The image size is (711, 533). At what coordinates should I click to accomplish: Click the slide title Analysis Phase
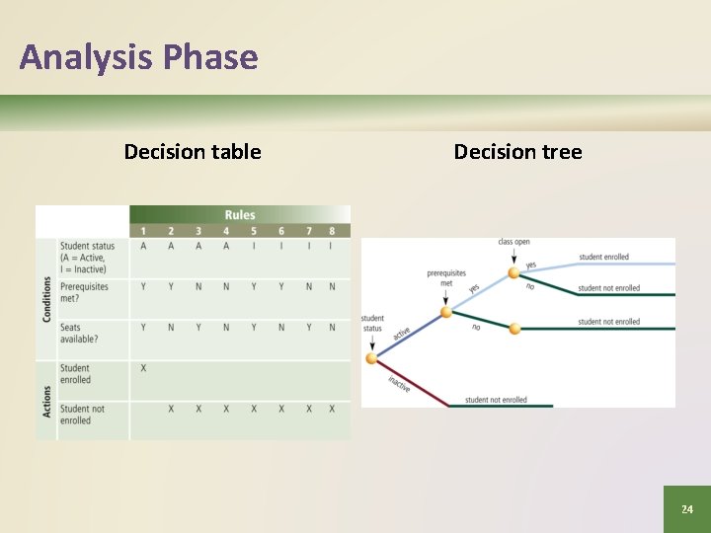point(138,57)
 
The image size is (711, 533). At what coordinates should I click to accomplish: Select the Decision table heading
point(193,152)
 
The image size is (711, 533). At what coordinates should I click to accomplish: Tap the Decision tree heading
point(517,152)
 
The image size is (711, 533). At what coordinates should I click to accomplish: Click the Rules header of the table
point(240,214)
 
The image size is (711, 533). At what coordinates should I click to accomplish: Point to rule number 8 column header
point(332,231)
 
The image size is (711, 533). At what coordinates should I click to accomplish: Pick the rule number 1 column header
point(144,231)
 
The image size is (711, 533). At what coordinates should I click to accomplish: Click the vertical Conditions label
point(46,298)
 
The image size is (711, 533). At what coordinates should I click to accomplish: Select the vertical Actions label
point(46,400)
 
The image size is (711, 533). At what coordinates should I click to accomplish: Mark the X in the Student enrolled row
point(144,368)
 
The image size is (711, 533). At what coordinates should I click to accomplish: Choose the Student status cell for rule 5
point(254,247)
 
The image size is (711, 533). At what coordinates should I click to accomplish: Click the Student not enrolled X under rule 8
point(332,409)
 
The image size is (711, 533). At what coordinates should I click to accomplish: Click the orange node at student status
point(372,358)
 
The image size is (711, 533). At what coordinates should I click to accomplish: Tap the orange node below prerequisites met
point(446,312)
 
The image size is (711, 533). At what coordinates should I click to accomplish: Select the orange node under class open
point(513,273)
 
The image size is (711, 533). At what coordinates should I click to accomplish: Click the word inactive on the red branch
point(399,384)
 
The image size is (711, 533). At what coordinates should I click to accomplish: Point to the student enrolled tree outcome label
point(603,257)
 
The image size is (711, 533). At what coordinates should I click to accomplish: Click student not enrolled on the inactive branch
point(496,400)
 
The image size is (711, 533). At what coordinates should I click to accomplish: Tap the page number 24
point(686,509)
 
